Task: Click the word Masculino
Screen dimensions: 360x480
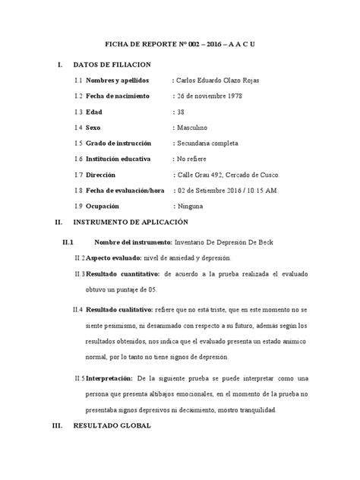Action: pyautogui.click(x=195, y=128)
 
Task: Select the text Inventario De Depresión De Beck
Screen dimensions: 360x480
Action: pyautogui.click(x=234, y=242)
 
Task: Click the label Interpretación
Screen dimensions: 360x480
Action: pyautogui.click(x=112, y=377)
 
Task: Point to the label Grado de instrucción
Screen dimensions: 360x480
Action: pyautogui.click(x=123, y=144)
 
